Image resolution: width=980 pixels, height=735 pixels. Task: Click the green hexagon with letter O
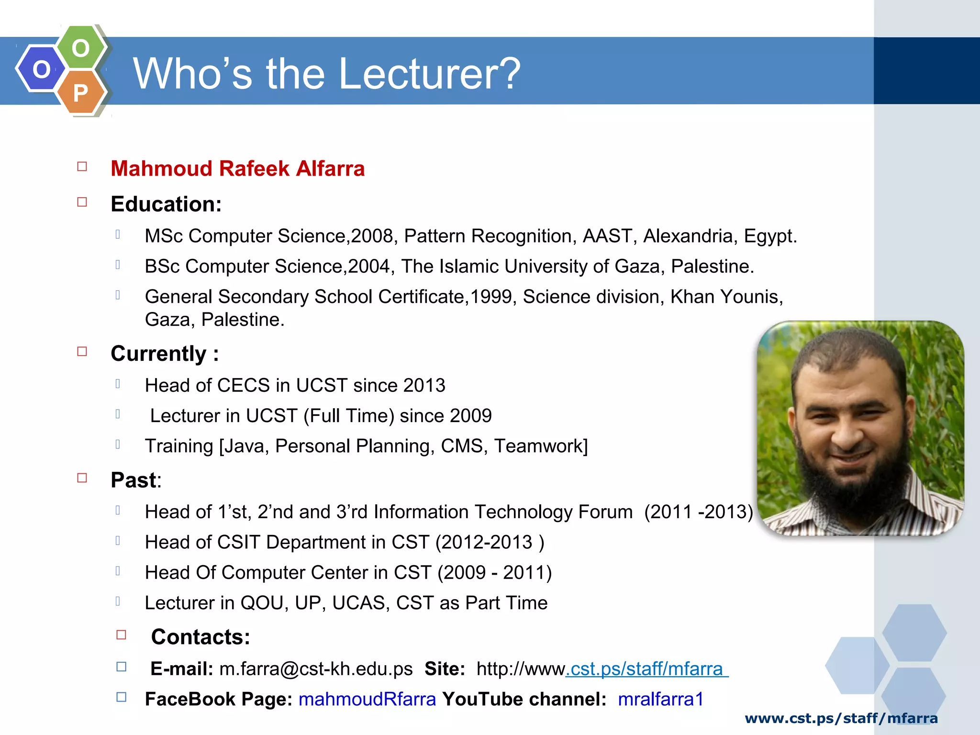click(x=81, y=47)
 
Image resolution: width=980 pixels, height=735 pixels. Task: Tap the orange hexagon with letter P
click(x=81, y=92)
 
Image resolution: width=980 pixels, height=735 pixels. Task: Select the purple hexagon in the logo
click(x=41, y=69)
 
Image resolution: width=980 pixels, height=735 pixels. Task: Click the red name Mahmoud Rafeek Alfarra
click(x=237, y=169)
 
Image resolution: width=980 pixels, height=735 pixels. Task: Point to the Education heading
click(x=166, y=204)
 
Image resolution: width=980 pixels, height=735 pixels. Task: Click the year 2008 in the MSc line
click(x=372, y=236)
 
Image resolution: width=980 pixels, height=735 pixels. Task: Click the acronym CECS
click(x=244, y=385)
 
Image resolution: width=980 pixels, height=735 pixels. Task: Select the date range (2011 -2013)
click(x=698, y=512)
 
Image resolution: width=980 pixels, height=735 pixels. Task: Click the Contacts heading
click(x=200, y=637)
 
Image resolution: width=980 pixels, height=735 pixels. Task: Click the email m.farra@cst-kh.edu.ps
click(x=316, y=669)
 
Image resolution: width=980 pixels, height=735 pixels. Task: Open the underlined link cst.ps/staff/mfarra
click(x=646, y=669)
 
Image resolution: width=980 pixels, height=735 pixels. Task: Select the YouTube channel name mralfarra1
click(x=660, y=699)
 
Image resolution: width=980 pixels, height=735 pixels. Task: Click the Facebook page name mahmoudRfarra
click(x=367, y=699)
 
